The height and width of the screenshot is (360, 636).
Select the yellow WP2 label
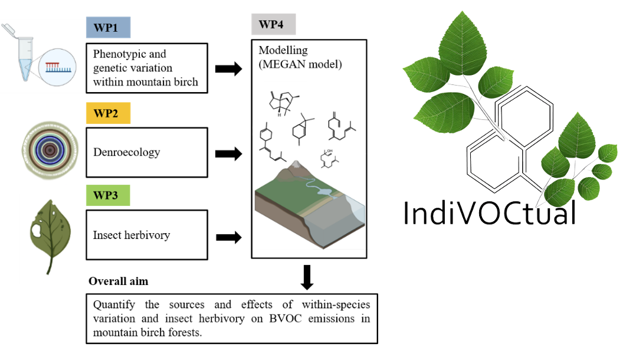point(108,113)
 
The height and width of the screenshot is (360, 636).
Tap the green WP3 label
point(108,195)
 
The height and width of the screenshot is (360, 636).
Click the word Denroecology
point(126,152)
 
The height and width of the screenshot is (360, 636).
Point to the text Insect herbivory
point(132,235)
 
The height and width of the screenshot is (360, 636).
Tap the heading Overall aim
point(118,282)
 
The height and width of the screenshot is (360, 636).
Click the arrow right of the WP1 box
point(228,68)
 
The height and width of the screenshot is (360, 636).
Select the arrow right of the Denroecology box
point(228,155)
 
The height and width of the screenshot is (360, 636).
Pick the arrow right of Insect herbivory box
point(228,237)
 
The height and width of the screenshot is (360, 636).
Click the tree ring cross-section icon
point(50,151)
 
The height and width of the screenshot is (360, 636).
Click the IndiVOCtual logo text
point(489,213)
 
